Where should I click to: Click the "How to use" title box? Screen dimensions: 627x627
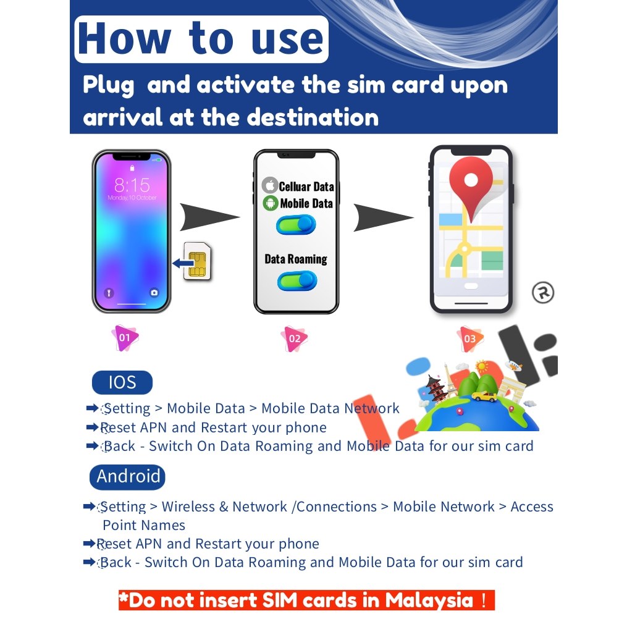coord(201,40)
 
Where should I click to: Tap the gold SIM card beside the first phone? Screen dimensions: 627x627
coord(198,263)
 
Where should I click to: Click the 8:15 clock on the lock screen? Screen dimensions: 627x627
coord(132,184)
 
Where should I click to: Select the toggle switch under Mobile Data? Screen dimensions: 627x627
coord(296,225)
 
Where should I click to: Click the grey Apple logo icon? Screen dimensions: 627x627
coord(269,185)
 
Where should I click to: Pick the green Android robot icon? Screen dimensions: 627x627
coord(270,203)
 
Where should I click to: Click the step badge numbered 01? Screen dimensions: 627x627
coord(125,338)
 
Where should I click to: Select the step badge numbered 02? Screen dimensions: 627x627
coord(294,339)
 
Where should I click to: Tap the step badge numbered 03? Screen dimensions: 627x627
coord(469,339)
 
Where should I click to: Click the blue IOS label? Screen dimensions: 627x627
coord(122,382)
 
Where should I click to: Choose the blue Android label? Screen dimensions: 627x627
coord(128,476)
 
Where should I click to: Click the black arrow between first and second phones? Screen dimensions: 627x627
coord(209,216)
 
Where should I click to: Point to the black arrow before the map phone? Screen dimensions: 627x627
coord(383,216)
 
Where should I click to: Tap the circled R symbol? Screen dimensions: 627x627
coord(542,293)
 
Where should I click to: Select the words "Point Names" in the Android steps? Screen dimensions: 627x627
coord(144,526)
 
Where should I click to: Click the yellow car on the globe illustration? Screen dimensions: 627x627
coord(484,395)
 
